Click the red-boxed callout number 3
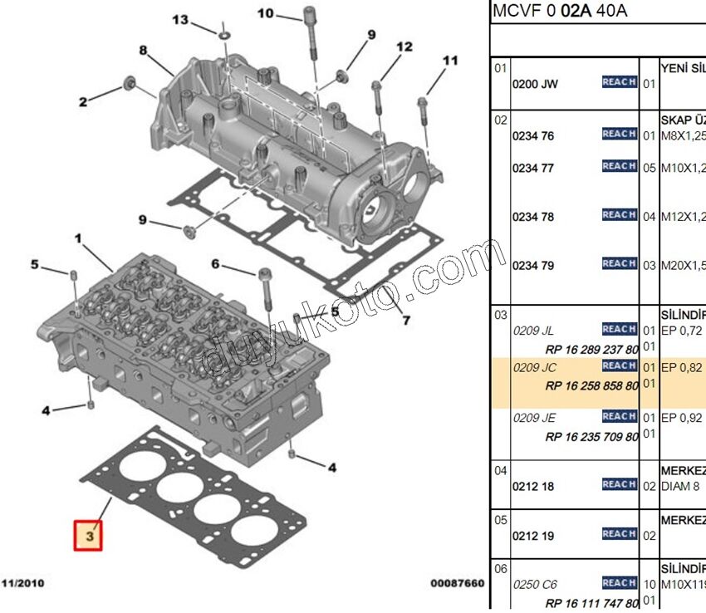pos(88,536)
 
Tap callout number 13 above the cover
pos(179,20)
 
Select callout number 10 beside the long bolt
pos(265,13)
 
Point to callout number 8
pos(143,51)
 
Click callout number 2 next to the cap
pos(83,102)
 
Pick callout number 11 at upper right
pos(449,61)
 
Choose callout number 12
pos(404,47)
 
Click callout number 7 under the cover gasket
pos(406,320)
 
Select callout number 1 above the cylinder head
pos(78,239)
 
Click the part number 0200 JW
pos(535,84)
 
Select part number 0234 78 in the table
pos(533,217)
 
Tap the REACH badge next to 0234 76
pos(619,134)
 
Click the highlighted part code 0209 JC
pos(534,367)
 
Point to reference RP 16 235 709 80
pos(591,436)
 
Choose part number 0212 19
pos(533,536)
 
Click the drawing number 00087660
pos(457,584)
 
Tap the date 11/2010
pos(22,584)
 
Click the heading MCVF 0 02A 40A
pos(560,11)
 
